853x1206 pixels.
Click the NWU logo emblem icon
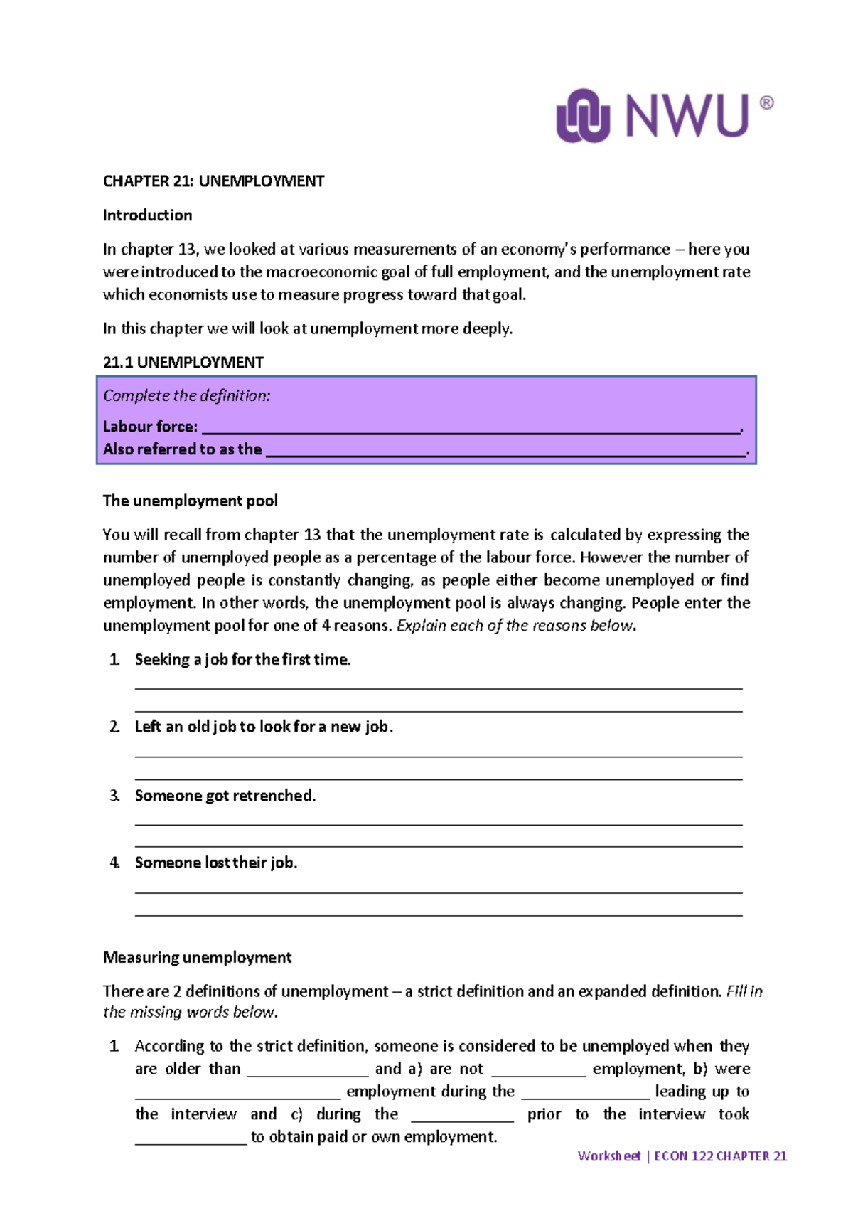click(x=583, y=115)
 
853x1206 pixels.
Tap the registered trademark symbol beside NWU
click(x=767, y=102)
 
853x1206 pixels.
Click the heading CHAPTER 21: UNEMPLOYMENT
click(x=213, y=181)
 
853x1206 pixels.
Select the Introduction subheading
click(x=147, y=215)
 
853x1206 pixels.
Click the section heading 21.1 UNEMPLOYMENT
click(x=183, y=363)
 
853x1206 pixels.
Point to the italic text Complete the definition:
click(x=186, y=396)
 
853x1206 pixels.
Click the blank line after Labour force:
click(x=471, y=428)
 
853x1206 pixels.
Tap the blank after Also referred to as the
click(x=505, y=451)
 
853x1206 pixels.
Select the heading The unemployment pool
click(x=190, y=501)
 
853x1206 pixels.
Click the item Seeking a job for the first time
click(x=242, y=660)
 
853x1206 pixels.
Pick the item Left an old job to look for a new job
click(x=264, y=727)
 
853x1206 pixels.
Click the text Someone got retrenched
click(x=225, y=796)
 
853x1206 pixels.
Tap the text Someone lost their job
click(x=216, y=863)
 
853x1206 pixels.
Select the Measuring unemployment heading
click(x=197, y=958)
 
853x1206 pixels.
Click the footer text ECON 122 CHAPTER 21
click(x=720, y=1156)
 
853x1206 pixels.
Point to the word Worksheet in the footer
click(x=609, y=1156)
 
